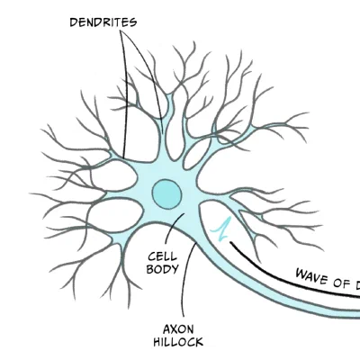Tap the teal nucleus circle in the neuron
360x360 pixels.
pos(166,193)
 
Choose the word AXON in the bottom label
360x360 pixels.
pos(178,328)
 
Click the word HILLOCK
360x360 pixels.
pos(178,341)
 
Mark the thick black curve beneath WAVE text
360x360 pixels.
pos(288,281)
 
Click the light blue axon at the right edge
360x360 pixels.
pos(346,311)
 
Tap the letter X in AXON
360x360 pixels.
pos(175,328)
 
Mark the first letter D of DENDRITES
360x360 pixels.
pos(74,20)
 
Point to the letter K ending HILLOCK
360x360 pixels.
pos(199,341)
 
